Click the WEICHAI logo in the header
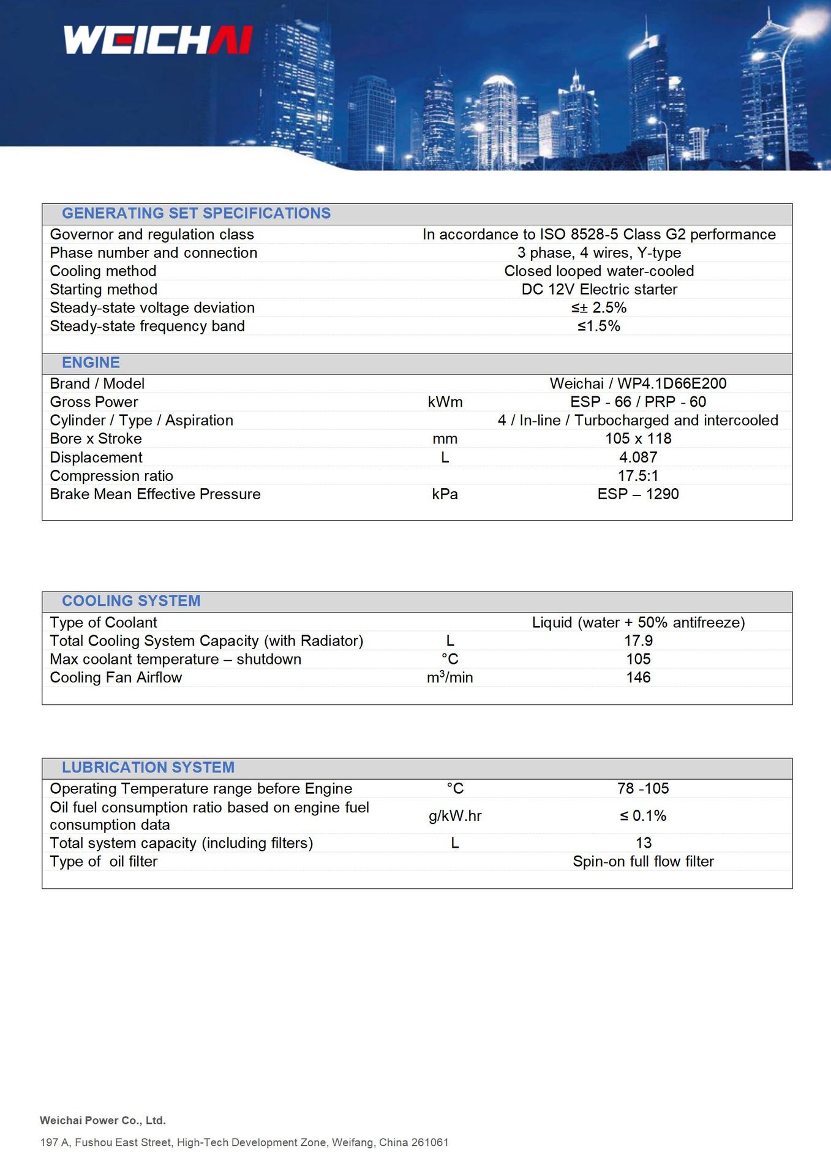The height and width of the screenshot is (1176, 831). [x=158, y=40]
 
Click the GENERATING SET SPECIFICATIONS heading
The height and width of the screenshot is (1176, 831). [x=196, y=213]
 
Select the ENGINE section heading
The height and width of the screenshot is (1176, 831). [x=91, y=363]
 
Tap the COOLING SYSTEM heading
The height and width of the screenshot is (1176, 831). [x=131, y=601]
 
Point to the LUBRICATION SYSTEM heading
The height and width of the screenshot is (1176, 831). [x=148, y=767]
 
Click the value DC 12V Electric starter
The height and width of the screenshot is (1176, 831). [x=599, y=289]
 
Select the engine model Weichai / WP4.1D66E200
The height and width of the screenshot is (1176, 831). [x=637, y=383]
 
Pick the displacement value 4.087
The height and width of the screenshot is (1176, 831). [x=637, y=458]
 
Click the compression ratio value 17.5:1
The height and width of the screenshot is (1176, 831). [x=637, y=476]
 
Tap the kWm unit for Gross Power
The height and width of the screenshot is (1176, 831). [x=445, y=402]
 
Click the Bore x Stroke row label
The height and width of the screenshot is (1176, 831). [x=96, y=439]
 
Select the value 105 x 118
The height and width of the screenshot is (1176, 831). [x=637, y=439]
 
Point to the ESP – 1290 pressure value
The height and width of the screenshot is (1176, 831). [x=637, y=494]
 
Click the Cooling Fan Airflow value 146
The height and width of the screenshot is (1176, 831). [x=638, y=677]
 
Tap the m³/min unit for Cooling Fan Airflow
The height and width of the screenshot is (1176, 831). [x=449, y=677]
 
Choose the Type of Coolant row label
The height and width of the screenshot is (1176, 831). [x=103, y=622]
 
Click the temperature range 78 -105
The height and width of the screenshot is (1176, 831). [x=643, y=788]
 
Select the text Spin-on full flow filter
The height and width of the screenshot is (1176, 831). [x=643, y=861]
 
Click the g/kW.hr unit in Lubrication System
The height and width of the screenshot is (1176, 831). [x=455, y=816]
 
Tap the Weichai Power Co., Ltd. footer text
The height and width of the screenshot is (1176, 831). [x=103, y=1120]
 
